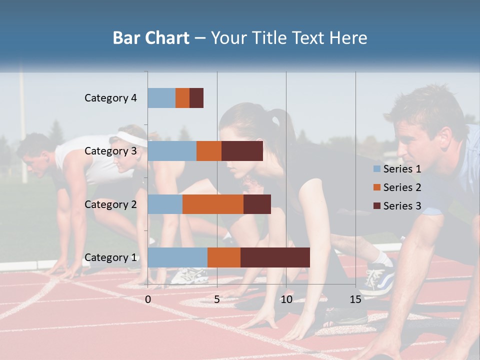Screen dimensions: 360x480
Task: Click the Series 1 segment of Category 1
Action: pyautogui.click(x=177, y=257)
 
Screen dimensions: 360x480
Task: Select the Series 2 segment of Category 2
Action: pyautogui.click(x=213, y=204)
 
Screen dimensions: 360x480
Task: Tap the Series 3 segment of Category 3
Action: pyautogui.click(x=242, y=151)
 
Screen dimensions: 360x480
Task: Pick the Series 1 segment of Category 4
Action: pyautogui.click(x=161, y=98)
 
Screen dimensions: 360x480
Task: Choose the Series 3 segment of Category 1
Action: pyautogui.click(x=275, y=257)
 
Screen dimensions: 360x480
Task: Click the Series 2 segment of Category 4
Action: pyautogui.click(x=182, y=98)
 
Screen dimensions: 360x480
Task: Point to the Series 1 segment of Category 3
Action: pyautogui.click(x=172, y=151)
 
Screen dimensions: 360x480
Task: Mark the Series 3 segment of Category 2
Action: pyautogui.click(x=257, y=204)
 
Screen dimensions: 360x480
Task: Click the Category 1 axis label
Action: pyautogui.click(x=110, y=257)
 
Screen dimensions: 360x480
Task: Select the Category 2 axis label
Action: pyautogui.click(x=110, y=204)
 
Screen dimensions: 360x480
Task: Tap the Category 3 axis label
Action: pyautogui.click(x=110, y=151)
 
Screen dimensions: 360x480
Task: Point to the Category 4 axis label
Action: pyautogui.click(x=110, y=98)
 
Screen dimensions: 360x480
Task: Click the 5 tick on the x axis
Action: pyautogui.click(x=217, y=299)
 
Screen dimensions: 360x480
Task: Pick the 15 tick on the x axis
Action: pyautogui.click(x=355, y=299)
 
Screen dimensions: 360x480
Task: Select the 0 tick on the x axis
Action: pyautogui.click(x=148, y=299)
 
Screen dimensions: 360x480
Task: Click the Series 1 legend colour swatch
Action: pyautogui.click(x=377, y=169)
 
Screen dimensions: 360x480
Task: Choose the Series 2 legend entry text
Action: pyautogui.click(x=402, y=187)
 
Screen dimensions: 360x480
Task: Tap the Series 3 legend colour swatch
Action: pyautogui.click(x=377, y=206)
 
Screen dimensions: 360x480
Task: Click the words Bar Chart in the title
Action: pyautogui.click(x=151, y=38)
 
